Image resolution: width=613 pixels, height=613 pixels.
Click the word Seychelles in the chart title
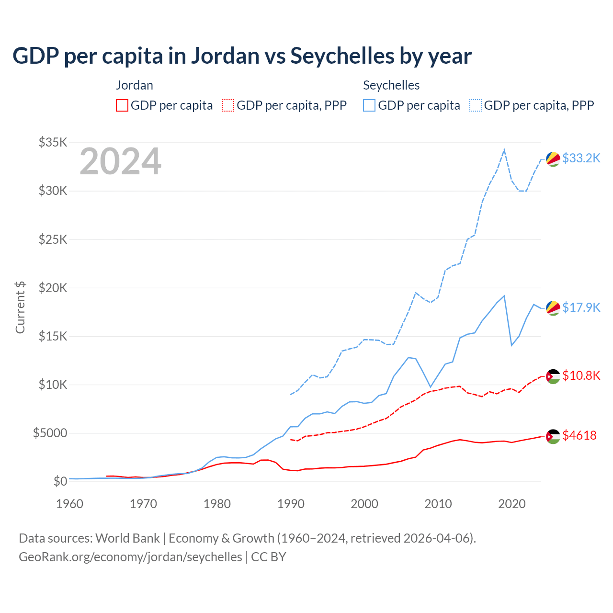[x=341, y=56]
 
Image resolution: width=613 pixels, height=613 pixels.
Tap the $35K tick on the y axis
[x=53, y=143]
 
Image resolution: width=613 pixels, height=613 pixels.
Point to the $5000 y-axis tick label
[x=50, y=433]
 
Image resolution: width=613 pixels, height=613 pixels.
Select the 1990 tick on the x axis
[x=291, y=504]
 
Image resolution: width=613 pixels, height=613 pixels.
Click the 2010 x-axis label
[x=438, y=504]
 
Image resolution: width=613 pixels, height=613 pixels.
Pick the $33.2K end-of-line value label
[x=581, y=159]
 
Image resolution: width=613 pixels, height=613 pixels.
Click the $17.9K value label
[x=581, y=307]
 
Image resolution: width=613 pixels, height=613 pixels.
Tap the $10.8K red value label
[x=581, y=375]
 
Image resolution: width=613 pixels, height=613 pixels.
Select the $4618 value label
[x=579, y=435]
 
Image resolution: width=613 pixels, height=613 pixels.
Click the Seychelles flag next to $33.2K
[x=553, y=159]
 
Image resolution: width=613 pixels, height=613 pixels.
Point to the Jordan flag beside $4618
[x=553, y=436]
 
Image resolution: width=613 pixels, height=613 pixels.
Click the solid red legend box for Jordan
[x=122, y=105]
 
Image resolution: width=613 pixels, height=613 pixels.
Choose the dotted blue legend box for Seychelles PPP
[x=476, y=105]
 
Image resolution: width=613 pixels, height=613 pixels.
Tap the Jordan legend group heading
[x=135, y=85]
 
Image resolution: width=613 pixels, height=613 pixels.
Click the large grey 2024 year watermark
[x=120, y=162]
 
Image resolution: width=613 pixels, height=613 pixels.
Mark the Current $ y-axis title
[x=20, y=307]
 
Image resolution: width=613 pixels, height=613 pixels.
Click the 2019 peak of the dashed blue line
[x=504, y=150]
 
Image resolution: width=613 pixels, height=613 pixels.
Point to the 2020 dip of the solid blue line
[x=511, y=345]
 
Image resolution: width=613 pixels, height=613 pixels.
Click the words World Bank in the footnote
[x=127, y=538]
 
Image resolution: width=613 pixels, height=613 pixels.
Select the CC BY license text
[x=269, y=557]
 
